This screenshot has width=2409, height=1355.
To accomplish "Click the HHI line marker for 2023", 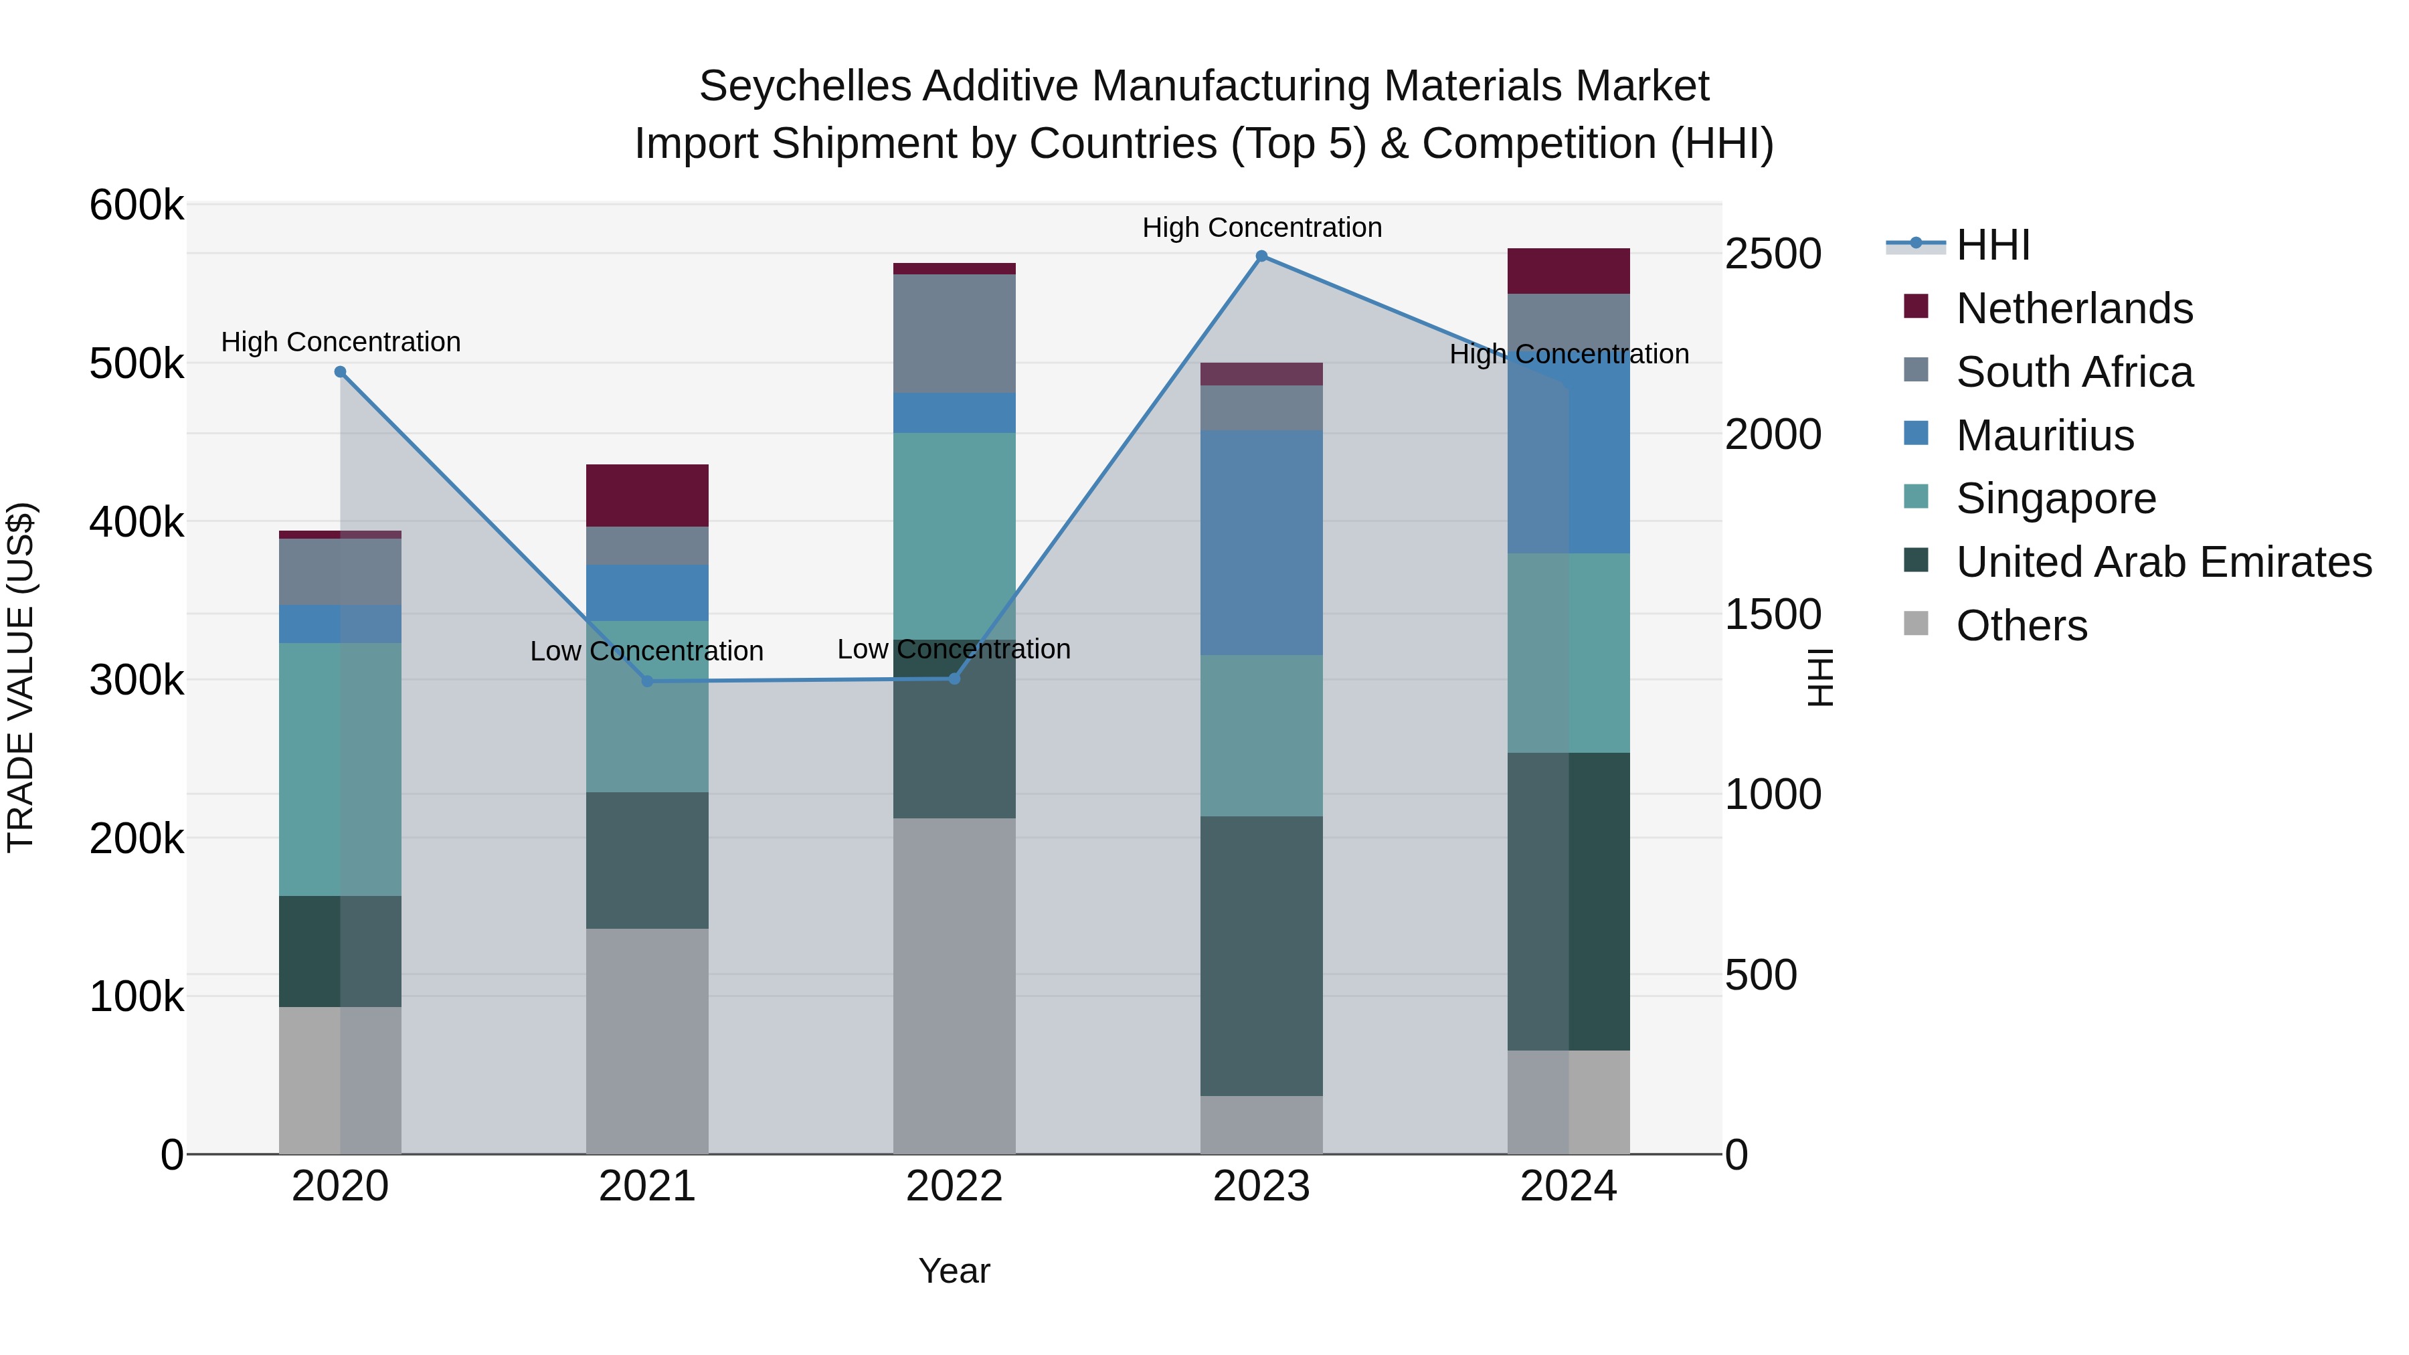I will coord(1261,256).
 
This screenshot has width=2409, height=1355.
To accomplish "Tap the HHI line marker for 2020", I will coord(341,372).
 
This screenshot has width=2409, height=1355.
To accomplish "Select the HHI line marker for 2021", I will coord(647,681).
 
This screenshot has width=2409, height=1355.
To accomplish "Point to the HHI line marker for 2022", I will coord(954,678).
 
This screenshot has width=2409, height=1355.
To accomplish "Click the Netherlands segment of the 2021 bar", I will coord(647,496).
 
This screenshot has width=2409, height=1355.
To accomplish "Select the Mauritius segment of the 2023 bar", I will coord(1261,543).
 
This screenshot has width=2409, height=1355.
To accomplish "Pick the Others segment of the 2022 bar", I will coord(954,986).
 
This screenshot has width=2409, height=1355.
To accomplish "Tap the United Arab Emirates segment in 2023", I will coord(1261,956).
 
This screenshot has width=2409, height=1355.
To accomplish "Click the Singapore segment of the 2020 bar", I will coord(341,769).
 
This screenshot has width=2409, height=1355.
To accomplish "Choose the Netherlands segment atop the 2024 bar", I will coord(1569,271).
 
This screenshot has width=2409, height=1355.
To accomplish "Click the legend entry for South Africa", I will coord(2074,372).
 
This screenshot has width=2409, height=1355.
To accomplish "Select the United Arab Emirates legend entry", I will coord(2163,562).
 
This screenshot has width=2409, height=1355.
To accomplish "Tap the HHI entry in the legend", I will coord(1992,245).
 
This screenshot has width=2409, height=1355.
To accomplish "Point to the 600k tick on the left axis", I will coord(137,205).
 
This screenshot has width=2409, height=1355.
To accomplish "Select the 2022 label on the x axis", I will coord(954,1186).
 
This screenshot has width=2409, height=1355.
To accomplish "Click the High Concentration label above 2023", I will coord(1261,228).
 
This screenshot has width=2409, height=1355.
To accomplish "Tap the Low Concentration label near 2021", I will coord(647,651).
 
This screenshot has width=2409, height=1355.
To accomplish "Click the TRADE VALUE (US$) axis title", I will coord(21,677).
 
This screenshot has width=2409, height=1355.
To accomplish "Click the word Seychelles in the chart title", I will coord(804,86).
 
